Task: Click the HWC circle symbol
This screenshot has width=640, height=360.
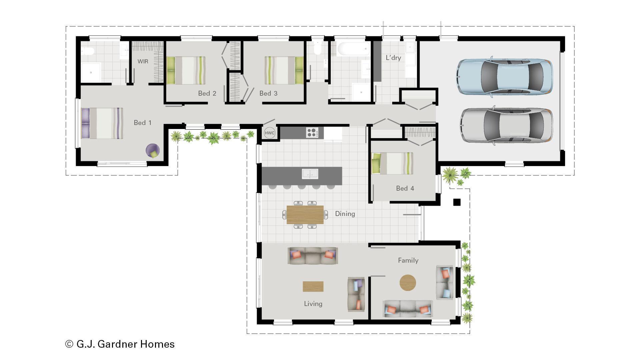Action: pos(269,133)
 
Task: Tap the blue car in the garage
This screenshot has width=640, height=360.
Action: pos(504,77)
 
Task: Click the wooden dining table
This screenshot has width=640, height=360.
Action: pos(305,215)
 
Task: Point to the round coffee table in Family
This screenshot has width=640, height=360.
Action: pos(408,283)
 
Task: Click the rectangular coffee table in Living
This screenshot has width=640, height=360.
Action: pos(313,287)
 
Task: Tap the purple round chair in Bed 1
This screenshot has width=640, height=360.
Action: pos(153,151)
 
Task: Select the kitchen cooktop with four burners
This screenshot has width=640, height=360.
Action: pos(312,132)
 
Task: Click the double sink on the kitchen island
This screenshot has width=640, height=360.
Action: pos(310,174)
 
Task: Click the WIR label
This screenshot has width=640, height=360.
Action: pos(143,61)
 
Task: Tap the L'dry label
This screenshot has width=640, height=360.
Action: pos(393,58)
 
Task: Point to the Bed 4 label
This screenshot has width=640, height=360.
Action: pos(405,188)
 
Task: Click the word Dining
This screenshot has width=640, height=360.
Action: pos(345,214)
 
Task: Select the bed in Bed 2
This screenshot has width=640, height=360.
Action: pos(186,70)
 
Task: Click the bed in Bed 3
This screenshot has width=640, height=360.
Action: pos(284,70)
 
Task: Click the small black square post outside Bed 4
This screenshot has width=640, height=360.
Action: pos(457,202)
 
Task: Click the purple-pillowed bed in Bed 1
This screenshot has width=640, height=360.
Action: pos(102,123)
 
